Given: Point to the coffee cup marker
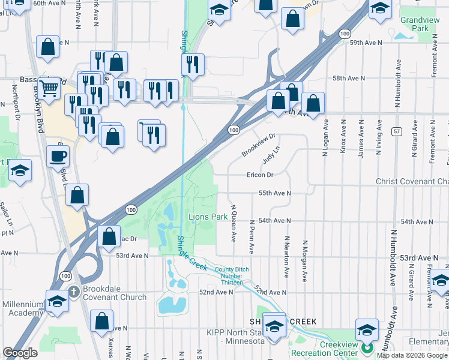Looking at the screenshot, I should tap(58, 157).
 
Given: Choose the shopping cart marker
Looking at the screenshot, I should tap(51, 89).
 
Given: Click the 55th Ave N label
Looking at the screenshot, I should tap(274, 193).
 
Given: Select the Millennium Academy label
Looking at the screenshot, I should tap(23, 308).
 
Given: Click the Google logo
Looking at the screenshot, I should tap(20, 353).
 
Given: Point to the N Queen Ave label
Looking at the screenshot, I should tap(233, 225).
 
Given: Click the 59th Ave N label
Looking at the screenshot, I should tap(366, 43).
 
